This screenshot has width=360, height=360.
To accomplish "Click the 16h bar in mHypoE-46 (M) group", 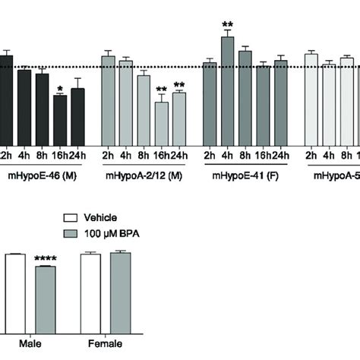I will (60, 120).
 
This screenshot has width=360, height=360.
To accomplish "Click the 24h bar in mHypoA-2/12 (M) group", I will (179, 118).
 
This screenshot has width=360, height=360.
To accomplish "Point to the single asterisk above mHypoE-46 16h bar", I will (60, 89).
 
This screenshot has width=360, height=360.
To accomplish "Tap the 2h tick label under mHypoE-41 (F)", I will (210, 155).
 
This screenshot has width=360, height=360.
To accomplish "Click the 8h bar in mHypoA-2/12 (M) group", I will (144, 111).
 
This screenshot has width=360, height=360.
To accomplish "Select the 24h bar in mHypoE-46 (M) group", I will (77, 117).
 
